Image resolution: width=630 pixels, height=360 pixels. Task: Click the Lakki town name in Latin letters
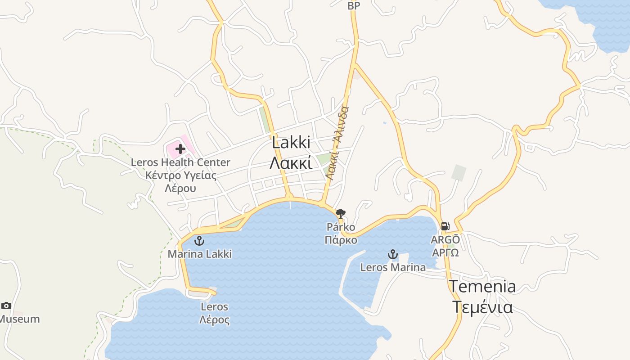coord(291,143)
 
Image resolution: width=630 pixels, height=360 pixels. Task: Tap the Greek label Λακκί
coord(291,163)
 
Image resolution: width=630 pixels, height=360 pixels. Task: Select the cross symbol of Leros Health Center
coord(180,149)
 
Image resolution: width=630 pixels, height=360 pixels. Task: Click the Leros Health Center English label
coord(180,162)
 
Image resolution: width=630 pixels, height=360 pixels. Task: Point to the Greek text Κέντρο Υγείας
coord(181,175)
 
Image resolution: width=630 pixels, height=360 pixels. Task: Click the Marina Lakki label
coord(200,254)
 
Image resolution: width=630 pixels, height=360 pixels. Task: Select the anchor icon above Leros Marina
coord(393,255)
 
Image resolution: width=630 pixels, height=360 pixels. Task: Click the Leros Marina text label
coord(393,267)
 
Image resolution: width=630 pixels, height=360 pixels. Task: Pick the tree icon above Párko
coord(341,213)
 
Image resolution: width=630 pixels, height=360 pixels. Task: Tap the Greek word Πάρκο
coord(341,240)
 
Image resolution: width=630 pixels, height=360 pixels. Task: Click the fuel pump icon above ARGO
coord(445,226)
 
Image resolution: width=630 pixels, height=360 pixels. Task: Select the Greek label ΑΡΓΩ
coord(445,252)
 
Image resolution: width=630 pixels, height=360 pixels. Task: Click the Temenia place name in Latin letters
coord(482,287)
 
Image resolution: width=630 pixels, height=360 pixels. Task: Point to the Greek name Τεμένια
coord(482,307)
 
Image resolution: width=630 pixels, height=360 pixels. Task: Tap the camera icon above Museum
coord(6,306)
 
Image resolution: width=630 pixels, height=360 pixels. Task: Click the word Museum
coord(20,319)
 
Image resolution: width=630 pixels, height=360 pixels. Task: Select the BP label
coord(354,6)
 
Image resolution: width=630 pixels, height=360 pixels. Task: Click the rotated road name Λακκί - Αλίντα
coord(337,144)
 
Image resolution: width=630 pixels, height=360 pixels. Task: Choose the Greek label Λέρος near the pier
coord(215,320)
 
